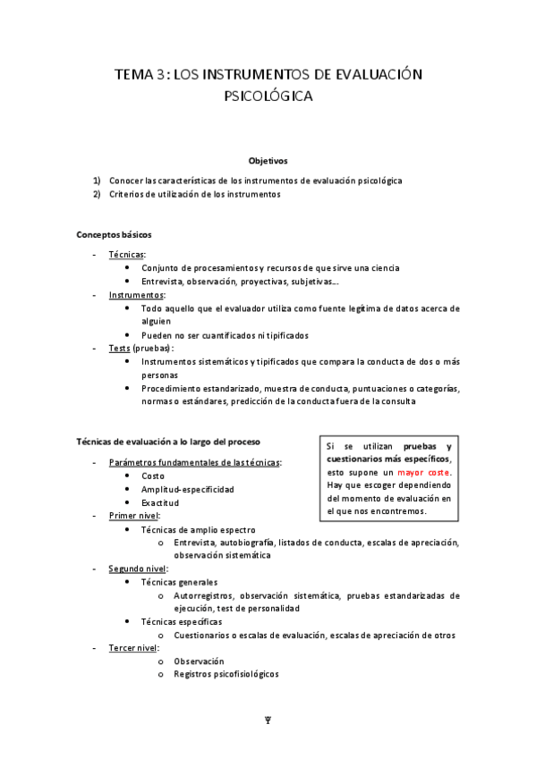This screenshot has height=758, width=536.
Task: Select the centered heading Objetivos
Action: pyautogui.click(x=268, y=161)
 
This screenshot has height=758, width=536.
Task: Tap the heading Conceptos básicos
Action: pyautogui.click(x=114, y=235)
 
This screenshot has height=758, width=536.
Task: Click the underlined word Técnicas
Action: pyautogui.click(x=127, y=255)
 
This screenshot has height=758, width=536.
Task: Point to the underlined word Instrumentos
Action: pyautogui.click(x=136, y=294)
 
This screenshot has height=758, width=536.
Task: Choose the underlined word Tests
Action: pyautogui.click(x=120, y=348)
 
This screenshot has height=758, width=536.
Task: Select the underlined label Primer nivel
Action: pyautogui.click(x=133, y=516)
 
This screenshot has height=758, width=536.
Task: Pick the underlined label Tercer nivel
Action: pyautogui.click(x=132, y=647)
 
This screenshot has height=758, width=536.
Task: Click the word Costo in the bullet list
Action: pyautogui.click(x=153, y=476)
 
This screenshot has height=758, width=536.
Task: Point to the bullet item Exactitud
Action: pyautogui.click(x=160, y=502)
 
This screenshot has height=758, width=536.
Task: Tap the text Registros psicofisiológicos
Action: pyautogui.click(x=226, y=674)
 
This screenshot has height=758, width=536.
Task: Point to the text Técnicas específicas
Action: pyautogui.click(x=182, y=621)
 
